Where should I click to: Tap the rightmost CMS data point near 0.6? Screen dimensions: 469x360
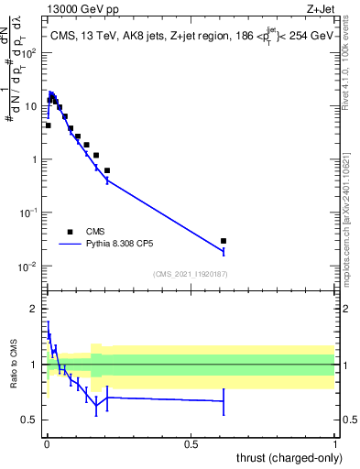point(224,241)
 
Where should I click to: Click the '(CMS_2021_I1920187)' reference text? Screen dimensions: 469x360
point(191,274)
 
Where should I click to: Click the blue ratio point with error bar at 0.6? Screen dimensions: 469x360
point(224,401)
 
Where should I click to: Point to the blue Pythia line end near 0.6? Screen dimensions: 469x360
point(224,251)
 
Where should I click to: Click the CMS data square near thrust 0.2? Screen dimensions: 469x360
point(107,170)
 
